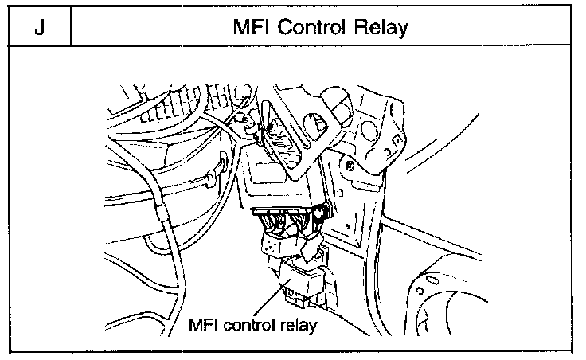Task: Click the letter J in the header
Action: coord(39,28)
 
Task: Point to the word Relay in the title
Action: coord(379,28)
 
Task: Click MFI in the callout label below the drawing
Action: coord(203,326)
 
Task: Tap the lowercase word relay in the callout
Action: coord(300,326)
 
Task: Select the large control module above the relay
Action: coord(270,180)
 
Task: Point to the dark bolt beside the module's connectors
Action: coord(321,214)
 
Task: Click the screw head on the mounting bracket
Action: coord(349,166)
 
